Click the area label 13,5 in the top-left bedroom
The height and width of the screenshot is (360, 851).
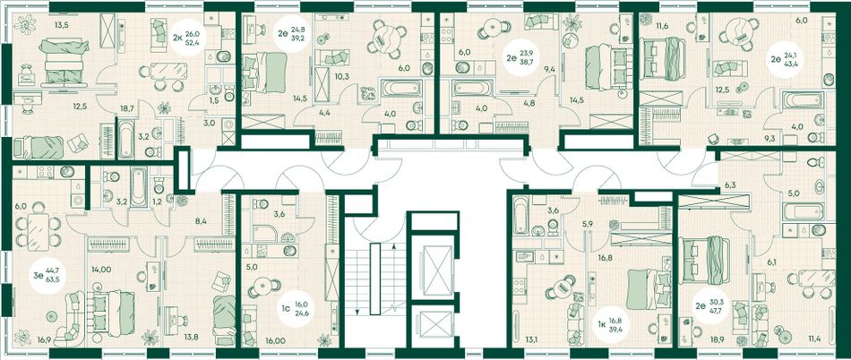coord(63,24)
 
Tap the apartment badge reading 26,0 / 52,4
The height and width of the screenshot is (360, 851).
coord(186,38)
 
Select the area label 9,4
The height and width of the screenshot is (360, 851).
coord(549,68)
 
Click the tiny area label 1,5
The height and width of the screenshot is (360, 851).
coord(213,101)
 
